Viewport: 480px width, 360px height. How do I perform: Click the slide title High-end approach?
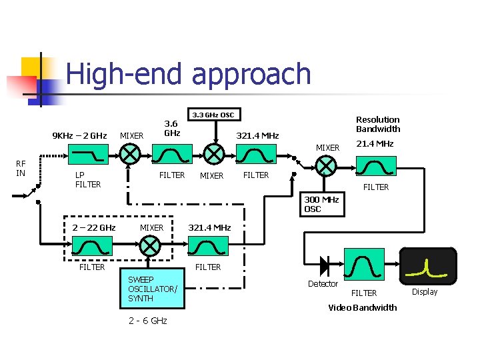[x=189, y=74]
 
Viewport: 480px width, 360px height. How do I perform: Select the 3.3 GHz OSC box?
[x=213, y=115]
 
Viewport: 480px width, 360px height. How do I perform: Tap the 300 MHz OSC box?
[x=323, y=205]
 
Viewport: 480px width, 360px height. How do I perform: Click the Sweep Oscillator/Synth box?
[x=153, y=289]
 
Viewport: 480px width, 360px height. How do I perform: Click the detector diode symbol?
[x=325, y=265]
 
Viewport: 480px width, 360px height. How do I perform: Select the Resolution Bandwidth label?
[x=377, y=124]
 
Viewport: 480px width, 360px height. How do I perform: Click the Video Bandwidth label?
[x=363, y=307]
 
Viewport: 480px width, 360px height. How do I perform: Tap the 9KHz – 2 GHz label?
[x=79, y=136]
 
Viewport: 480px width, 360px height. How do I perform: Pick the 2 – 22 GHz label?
[x=94, y=227]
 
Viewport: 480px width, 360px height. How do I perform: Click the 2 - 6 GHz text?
[x=147, y=321]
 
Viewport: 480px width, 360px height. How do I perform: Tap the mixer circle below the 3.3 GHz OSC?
[x=213, y=155]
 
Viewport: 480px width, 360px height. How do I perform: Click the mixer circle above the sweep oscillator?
[x=151, y=247]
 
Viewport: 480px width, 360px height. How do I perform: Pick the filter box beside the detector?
[x=364, y=265]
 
